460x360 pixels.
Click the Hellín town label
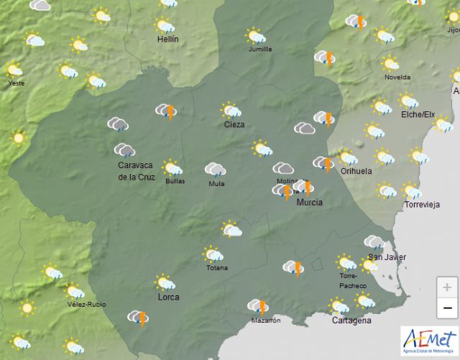coord(167,40)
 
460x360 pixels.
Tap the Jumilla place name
coord(259,50)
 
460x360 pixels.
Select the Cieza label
coord(234,124)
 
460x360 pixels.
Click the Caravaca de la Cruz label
coord(137,171)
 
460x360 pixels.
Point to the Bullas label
coord(174,181)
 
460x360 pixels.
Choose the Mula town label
coord(216,183)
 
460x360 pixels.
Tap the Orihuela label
coord(356,172)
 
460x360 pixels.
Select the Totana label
coord(216,268)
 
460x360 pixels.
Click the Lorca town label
coord(168,297)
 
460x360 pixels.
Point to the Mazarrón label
coord(266,320)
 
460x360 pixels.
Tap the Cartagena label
coord(351,320)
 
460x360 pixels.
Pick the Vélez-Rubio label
coord(86,305)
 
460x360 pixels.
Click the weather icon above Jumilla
coord(256,36)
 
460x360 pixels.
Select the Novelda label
coord(397,77)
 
